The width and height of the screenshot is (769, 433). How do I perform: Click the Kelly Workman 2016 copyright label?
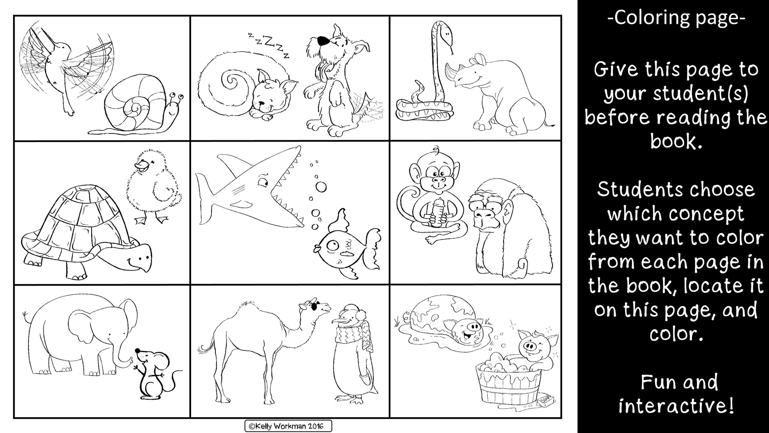click(288, 426)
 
